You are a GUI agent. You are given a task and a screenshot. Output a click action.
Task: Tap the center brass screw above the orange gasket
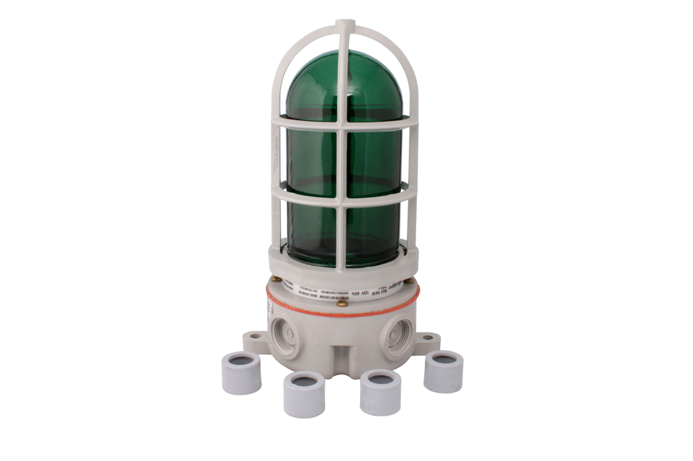[342, 304]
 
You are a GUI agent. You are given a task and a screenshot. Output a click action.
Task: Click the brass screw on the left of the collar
[275, 278]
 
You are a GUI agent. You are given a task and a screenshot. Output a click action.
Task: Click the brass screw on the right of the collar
[409, 280]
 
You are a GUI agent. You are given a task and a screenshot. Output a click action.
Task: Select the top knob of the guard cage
[345, 25]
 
